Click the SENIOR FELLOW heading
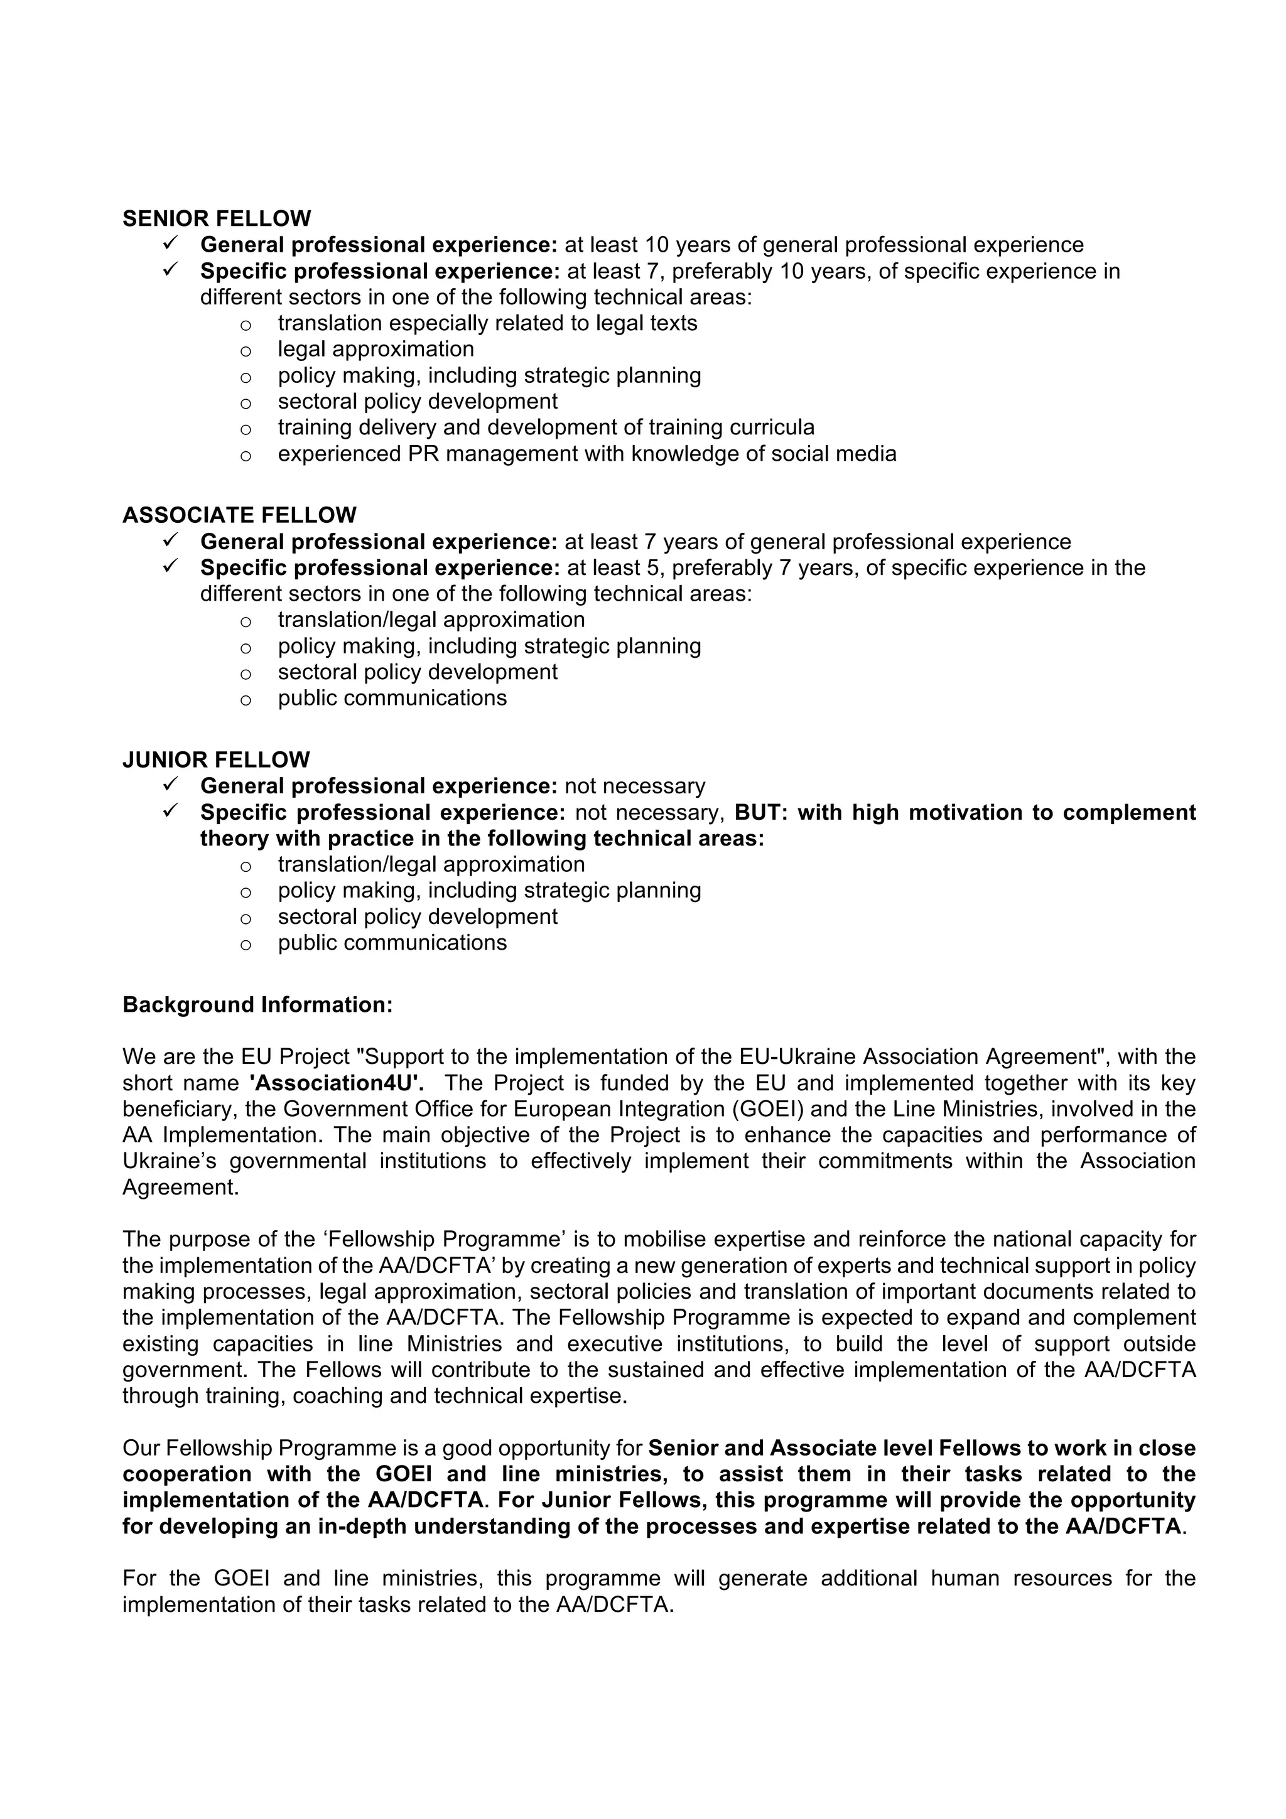coord(216,218)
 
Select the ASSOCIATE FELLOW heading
coord(239,516)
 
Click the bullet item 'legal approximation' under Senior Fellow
coord(376,350)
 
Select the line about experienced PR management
coord(586,454)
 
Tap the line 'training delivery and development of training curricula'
coord(545,428)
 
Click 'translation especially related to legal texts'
coord(487,323)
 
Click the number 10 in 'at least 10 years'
coord(657,245)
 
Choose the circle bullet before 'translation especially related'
coord(246,325)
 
